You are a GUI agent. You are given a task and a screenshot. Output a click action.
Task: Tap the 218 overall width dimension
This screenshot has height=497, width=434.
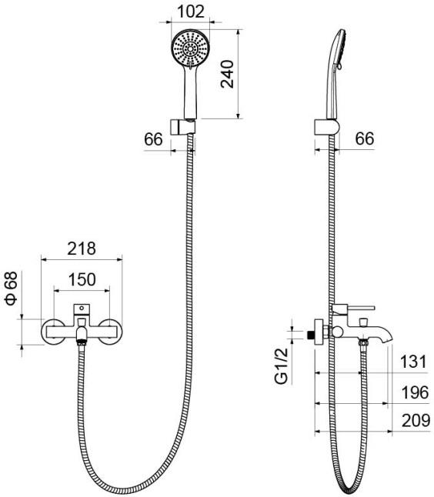click(81, 248)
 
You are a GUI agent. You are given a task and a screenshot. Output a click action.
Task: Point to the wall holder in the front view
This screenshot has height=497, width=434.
click(187, 125)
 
